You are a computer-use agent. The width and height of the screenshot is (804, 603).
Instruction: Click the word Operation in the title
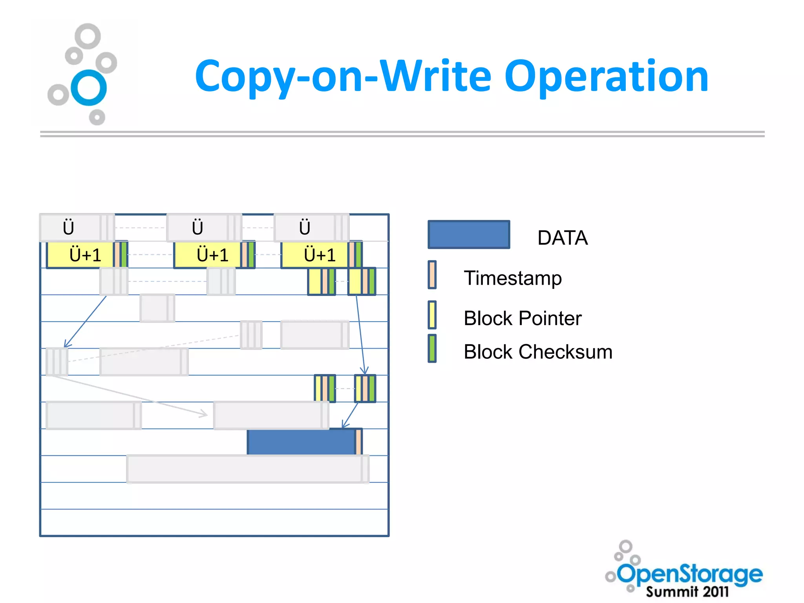pyautogui.click(x=606, y=77)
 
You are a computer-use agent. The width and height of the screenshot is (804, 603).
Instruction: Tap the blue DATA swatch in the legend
pyautogui.click(x=469, y=234)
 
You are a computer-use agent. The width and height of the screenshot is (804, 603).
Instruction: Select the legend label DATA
pyautogui.click(x=562, y=238)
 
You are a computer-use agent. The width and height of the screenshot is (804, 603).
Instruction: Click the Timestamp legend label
pyautogui.click(x=512, y=278)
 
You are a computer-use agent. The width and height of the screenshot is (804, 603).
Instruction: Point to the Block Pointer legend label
pyautogui.click(x=522, y=318)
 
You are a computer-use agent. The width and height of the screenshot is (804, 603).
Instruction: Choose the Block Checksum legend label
pyautogui.click(x=537, y=352)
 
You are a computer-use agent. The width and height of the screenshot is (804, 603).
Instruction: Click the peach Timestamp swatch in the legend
pyautogui.click(x=432, y=275)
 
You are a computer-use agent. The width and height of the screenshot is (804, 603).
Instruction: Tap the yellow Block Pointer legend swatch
pyautogui.click(x=432, y=314)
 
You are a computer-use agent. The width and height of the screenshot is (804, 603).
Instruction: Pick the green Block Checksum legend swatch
pyautogui.click(x=432, y=348)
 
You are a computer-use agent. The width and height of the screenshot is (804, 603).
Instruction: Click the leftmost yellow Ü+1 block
pyautogui.click(x=80, y=255)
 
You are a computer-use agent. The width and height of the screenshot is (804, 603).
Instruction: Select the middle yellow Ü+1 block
pyautogui.click(x=207, y=255)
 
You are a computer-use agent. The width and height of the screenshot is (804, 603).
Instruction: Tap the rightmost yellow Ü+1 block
pyautogui.click(x=314, y=255)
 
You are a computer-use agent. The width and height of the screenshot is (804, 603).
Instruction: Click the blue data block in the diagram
pyautogui.click(x=301, y=442)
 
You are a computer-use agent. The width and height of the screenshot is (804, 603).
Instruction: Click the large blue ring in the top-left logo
pyautogui.click(x=89, y=88)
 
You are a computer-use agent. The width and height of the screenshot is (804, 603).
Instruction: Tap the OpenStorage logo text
pyautogui.click(x=689, y=574)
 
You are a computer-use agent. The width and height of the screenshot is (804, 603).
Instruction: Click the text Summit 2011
pyautogui.click(x=687, y=592)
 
